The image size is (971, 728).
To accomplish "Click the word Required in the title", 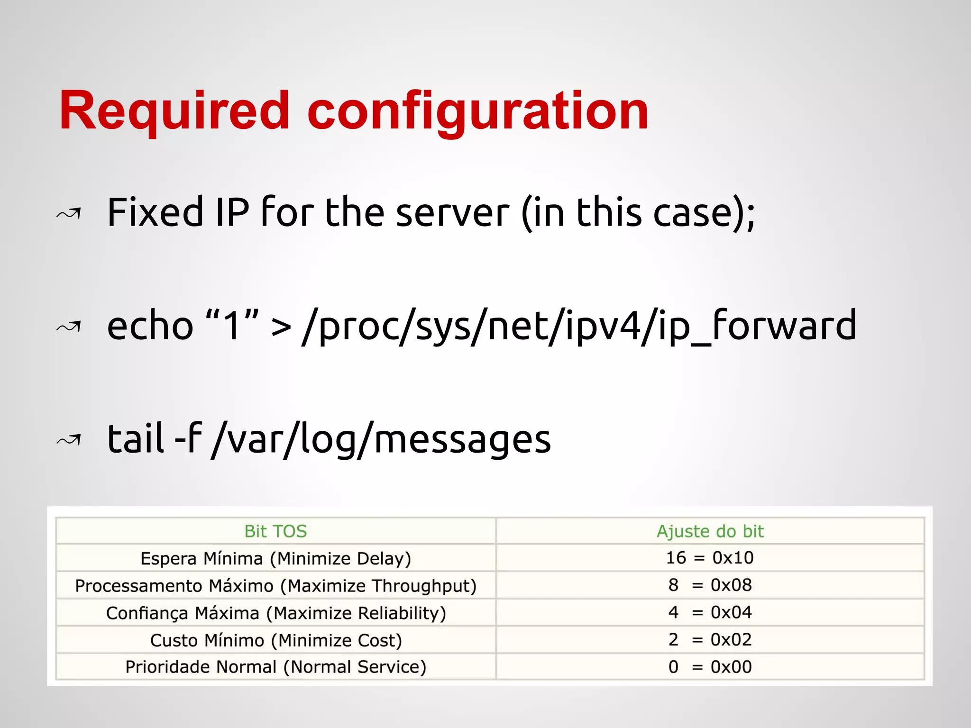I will click(x=174, y=111).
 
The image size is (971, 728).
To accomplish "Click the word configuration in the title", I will click(x=477, y=111).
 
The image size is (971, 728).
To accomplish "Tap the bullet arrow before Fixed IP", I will click(x=69, y=214).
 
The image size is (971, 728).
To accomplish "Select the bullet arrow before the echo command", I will click(x=69, y=327).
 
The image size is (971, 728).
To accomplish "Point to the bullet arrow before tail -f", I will click(x=69, y=440).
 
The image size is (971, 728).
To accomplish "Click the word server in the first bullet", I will click(x=452, y=213).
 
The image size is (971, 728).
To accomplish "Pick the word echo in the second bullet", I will click(x=150, y=326).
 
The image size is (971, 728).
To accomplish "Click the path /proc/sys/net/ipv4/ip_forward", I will click(x=579, y=326).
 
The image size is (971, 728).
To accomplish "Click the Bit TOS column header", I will click(x=275, y=531).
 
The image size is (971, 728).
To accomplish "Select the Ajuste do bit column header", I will click(x=710, y=531).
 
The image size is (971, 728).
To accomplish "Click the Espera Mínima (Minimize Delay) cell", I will click(x=275, y=558).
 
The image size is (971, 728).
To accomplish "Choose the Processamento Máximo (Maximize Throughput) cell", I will click(x=275, y=586).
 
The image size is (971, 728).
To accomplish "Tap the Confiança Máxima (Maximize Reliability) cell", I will click(x=275, y=613).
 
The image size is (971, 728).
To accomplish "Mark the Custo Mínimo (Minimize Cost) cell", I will click(x=275, y=640).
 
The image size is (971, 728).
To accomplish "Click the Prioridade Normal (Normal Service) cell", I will click(x=275, y=667).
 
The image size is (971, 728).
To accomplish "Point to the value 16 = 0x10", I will click(x=710, y=558).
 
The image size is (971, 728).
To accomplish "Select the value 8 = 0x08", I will click(x=710, y=585).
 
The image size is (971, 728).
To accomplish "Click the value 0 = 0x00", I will click(x=710, y=667).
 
